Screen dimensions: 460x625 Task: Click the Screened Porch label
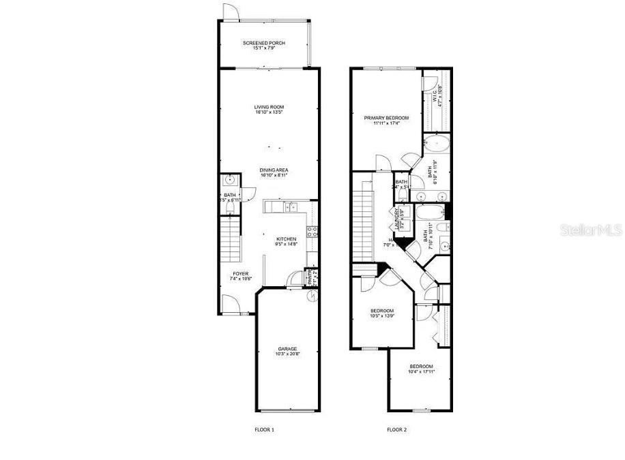click(264, 46)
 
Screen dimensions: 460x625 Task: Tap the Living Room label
click(269, 109)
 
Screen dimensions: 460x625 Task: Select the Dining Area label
click(273, 172)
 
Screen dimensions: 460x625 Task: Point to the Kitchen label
click(286, 241)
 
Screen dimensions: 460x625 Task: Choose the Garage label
click(287, 351)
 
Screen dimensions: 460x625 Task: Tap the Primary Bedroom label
click(391, 121)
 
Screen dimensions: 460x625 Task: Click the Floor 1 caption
click(264, 430)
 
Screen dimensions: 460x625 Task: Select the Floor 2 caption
click(396, 430)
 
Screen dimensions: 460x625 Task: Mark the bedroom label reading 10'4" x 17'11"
click(420, 369)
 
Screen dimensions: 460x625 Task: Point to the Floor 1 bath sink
click(231, 180)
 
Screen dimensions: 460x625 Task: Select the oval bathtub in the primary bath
click(435, 144)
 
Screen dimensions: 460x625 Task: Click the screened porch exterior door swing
click(230, 12)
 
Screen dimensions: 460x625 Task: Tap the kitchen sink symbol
click(291, 206)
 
